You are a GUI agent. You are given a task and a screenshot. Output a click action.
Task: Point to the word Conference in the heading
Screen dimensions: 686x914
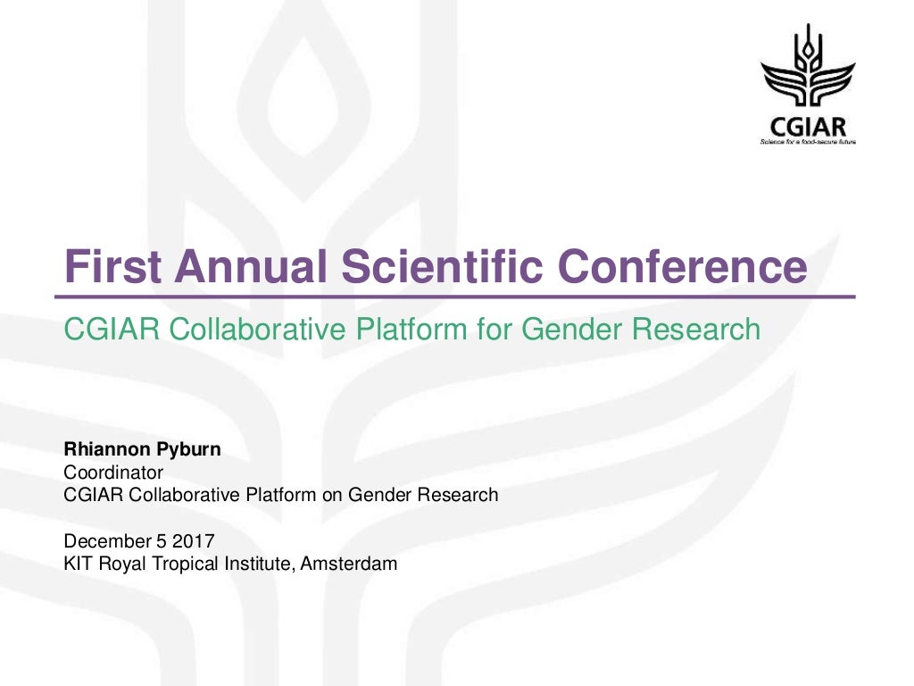coord(683,266)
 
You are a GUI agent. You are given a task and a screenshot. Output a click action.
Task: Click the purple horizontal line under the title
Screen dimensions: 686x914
coord(455,297)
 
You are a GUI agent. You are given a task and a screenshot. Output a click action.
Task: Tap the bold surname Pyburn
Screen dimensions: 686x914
coord(188,449)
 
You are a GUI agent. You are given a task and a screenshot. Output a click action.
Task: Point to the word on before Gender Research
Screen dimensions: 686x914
coord(332,494)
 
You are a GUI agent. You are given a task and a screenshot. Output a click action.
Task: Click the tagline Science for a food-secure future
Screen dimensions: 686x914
coord(808,142)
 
